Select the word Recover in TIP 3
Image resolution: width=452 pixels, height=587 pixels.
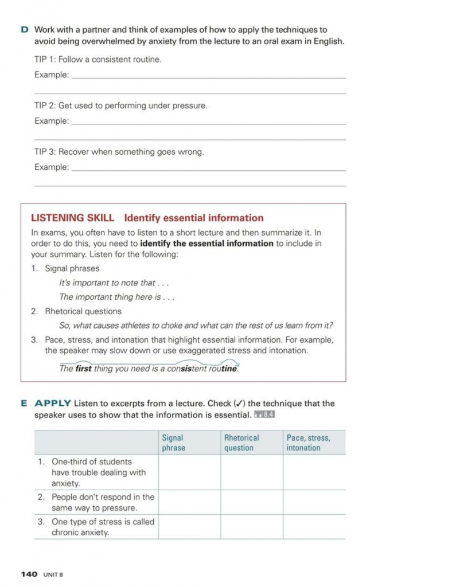73,152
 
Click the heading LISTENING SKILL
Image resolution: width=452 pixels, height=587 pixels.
72,218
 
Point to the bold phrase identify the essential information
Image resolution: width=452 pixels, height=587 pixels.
206,243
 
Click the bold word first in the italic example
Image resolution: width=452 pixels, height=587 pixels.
83,369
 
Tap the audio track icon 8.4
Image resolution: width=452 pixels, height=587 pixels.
264,414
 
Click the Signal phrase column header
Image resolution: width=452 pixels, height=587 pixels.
174,443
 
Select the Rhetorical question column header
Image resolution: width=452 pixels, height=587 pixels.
241,443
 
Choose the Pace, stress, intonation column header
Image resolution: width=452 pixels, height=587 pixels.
308,443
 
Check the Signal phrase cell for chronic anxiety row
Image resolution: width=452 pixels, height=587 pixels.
189,527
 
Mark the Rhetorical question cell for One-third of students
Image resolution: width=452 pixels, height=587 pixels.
251,472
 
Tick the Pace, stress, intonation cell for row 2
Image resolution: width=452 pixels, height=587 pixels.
314,502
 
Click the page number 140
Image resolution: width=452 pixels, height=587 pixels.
29,574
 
